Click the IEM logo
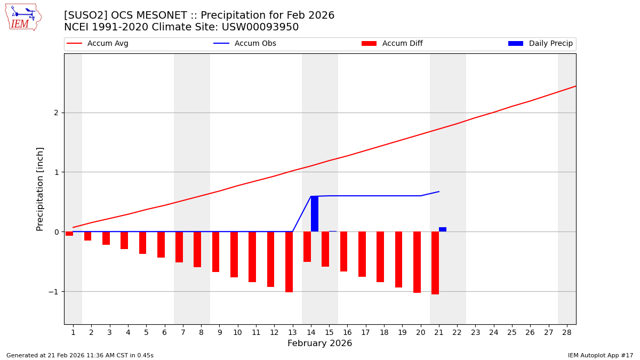coord(23,17)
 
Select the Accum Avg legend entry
coord(107,44)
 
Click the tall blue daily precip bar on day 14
coord(315,214)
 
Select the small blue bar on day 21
coord(443,229)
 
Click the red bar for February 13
coord(289,262)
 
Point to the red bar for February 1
coord(69,234)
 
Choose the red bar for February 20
coord(417,262)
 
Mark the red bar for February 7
coord(179,247)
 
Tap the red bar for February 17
coord(362,254)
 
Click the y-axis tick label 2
coord(55,113)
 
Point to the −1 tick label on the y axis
coord(53,291)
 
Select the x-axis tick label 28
coord(566,332)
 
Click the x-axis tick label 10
coord(237,332)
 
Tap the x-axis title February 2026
coord(319,343)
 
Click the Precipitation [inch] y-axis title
coord(40,189)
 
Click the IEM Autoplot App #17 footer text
coord(601,355)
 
